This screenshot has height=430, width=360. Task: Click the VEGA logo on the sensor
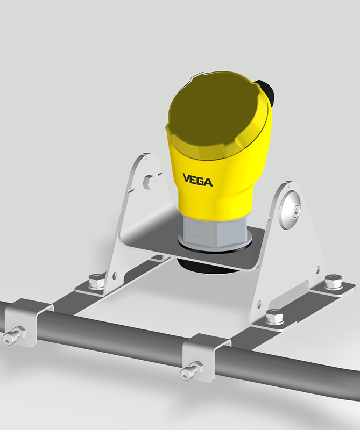[x=197, y=180]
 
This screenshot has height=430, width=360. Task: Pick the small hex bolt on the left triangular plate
[x=150, y=182]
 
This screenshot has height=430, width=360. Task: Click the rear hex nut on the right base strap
[x=332, y=282]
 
